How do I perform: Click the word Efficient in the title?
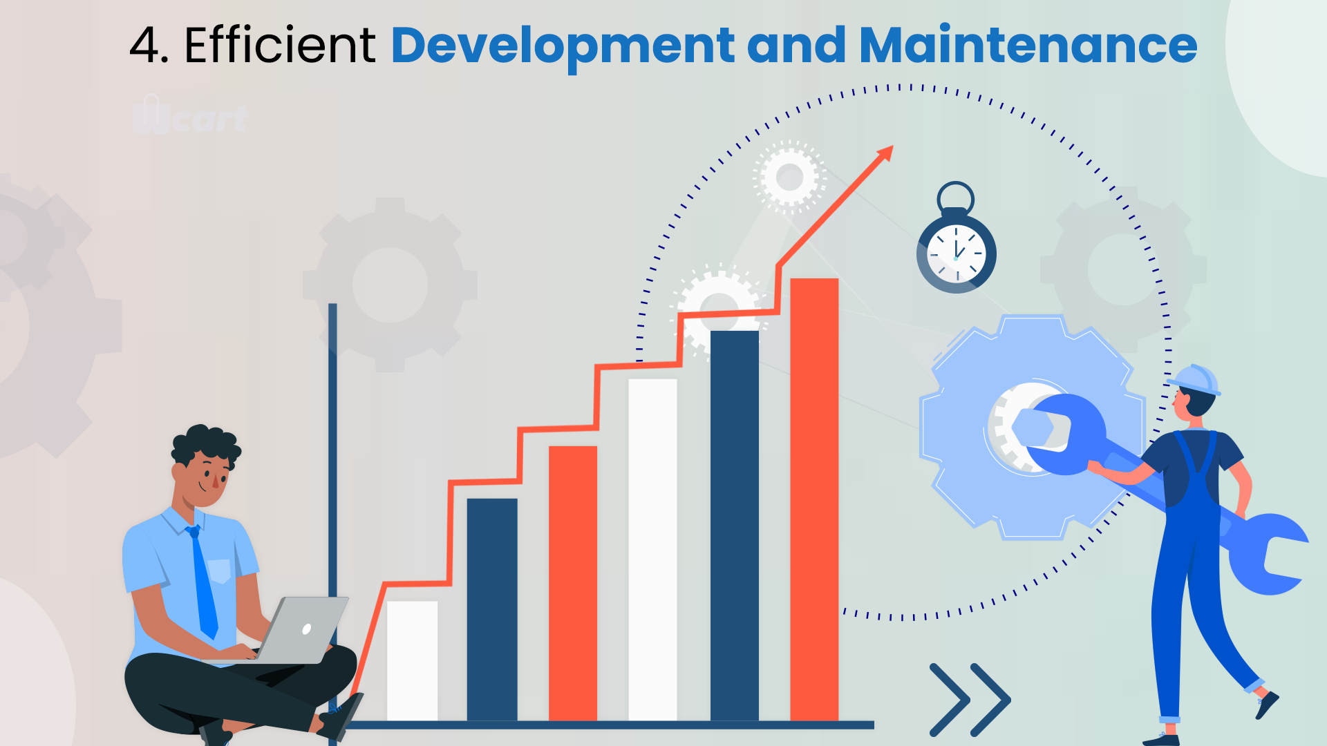(280, 46)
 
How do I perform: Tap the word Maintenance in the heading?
(1028, 46)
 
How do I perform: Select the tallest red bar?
(814, 499)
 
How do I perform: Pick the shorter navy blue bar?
(492, 610)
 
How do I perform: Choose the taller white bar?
(652, 550)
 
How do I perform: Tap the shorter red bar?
(573, 584)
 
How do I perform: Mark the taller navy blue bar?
(735, 526)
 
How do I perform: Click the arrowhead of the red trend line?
(885, 153)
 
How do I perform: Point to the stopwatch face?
(957, 254)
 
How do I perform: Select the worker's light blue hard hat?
(1194, 380)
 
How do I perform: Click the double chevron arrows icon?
(970, 700)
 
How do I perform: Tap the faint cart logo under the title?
(190, 116)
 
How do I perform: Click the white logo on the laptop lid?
(307, 629)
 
